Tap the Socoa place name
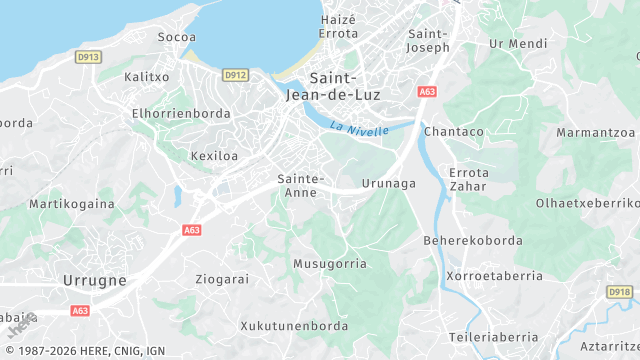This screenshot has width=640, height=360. coord(176,37)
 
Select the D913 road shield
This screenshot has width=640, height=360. coord(88,58)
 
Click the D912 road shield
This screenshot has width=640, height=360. coord(235,74)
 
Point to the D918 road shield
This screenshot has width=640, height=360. coord(620,292)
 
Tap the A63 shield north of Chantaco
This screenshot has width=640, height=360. coord(428,92)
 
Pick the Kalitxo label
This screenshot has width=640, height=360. coord(146,77)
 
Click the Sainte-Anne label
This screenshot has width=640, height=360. coord(300,186)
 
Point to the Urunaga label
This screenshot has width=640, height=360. coord(388,183)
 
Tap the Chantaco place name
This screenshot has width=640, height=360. coord(454,131)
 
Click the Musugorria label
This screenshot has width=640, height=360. coord(329,264)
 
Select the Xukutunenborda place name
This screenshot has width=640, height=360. coord(294,326)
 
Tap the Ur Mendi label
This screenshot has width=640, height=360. coord(519,44)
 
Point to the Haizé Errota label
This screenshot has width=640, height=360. coord(338,26)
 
